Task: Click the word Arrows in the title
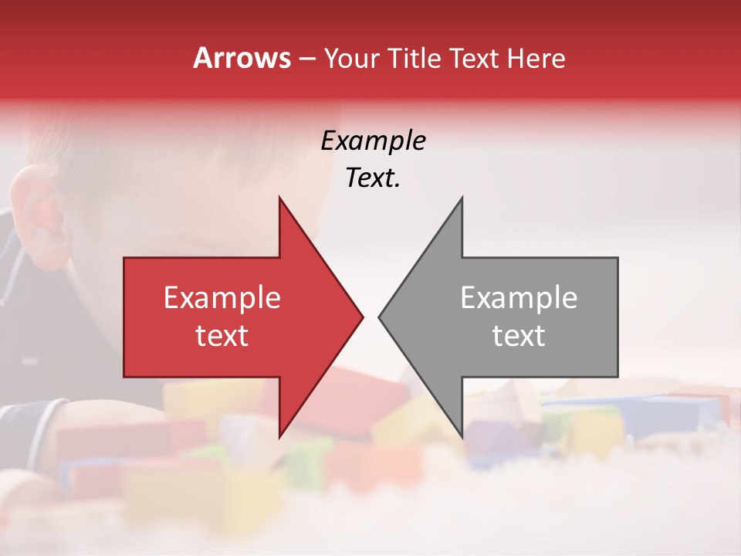(x=242, y=58)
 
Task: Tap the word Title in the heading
(x=412, y=59)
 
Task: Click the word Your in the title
(x=351, y=59)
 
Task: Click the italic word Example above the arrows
(x=373, y=141)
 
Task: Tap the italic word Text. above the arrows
(x=373, y=178)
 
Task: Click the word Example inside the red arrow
(x=222, y=298)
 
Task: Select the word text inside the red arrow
(x=222, y=336)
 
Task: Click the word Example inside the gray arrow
(x=519, y=298)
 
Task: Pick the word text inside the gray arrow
(x=519, y=336)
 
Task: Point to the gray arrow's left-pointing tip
(x=380, y=317)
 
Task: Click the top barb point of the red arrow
(x=280, y=198)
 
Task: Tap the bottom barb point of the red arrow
(x=280, y=436)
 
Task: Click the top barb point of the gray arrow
(x=461, y=198)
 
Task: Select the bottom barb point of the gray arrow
(x=461, y=436)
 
